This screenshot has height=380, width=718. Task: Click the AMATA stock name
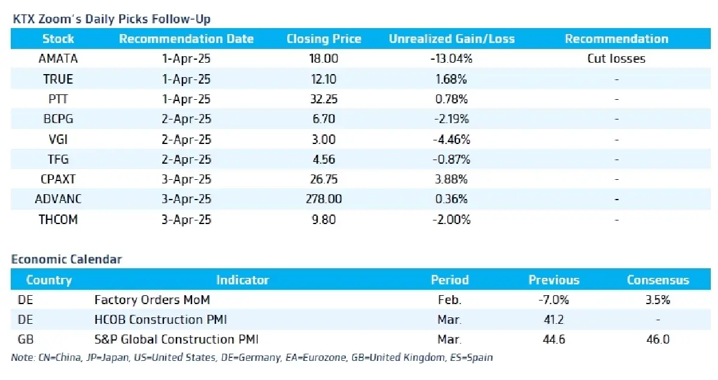pyautogui.click(x=58, y=59)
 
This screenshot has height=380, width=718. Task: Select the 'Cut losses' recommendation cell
pyautogui.click(x=616, y=59)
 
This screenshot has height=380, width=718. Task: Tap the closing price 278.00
pyautogui.click(x=324, y=199)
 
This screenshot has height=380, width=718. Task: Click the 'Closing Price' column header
pyautogui.click(x=324, y=39)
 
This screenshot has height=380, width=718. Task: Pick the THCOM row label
pyautogui.click(x=58, y=219)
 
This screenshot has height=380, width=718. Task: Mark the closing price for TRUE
pyautogui.click(x=324, y=79)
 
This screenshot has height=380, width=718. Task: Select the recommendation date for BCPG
pyautogui.click(x=186, y=119)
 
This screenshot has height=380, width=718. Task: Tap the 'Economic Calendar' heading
pyautogui.click(x=66, y=259)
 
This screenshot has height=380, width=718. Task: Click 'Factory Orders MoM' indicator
pyautogui.click(x=152, y=300)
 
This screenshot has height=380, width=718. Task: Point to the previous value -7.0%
pyautogui.click(x=553, y=300)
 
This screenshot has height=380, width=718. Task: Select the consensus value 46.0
pyautogui.click(x=658, y=339)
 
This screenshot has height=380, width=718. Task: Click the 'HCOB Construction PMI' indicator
pyautogui.click(x=160, y=320)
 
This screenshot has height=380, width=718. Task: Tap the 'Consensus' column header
pyautogui.click(x=658, y=280)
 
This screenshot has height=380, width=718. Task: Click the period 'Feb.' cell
pyautogui.click(x=449, y=300)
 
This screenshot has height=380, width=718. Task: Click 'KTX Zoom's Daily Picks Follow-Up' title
pyautogui.click(x=111, y=19)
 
